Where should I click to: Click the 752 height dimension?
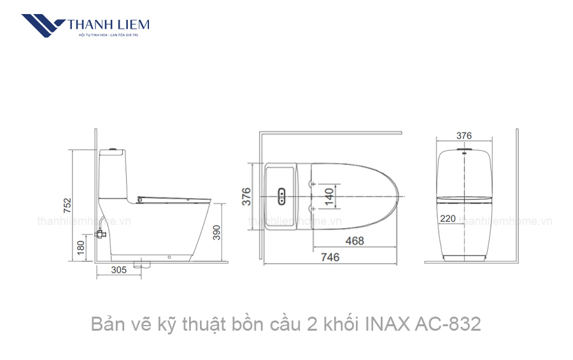[x=67, y=206]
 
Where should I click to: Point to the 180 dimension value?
[x=80, y=247]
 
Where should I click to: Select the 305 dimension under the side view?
[x=118, y=270]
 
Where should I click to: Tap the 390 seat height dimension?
[x=216, y=233]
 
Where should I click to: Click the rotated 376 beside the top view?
[x=246, y=196]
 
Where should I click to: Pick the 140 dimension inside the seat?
[x=329, y=196]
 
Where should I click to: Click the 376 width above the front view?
[x=464, y=135]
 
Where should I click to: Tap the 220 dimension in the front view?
[x=448, y=219]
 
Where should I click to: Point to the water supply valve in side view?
[x=99, y=233]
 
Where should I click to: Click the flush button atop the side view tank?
[x=113, y=150]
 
